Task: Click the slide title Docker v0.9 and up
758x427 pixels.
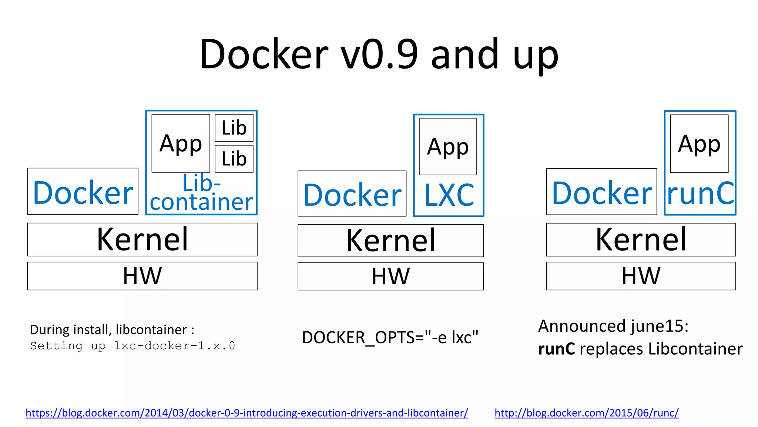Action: (379, 55)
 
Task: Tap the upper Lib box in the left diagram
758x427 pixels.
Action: (234, 128)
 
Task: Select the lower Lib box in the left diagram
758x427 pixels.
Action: (234, 159)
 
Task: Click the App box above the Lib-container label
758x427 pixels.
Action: (181, 143)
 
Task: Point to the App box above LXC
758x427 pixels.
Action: (448, 147)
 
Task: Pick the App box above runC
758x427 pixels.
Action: (699, 144)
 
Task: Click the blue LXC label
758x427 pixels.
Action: (449, 195)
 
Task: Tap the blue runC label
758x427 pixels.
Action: (700, 193)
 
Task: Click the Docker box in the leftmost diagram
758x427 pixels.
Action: (83, 192)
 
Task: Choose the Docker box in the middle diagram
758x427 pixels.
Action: (352, 194)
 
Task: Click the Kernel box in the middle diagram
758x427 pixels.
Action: (390, 241)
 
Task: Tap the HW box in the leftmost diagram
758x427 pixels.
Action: (142, 276)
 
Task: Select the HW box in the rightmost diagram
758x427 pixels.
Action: (641, 276)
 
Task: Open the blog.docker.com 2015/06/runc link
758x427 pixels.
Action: (586, 413)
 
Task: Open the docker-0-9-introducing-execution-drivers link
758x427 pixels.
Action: (246, 413)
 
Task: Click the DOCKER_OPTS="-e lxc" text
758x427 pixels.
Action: (390, 338)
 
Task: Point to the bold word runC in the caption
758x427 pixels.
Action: (556, 349)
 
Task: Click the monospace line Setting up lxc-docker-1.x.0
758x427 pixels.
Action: (133, 346)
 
